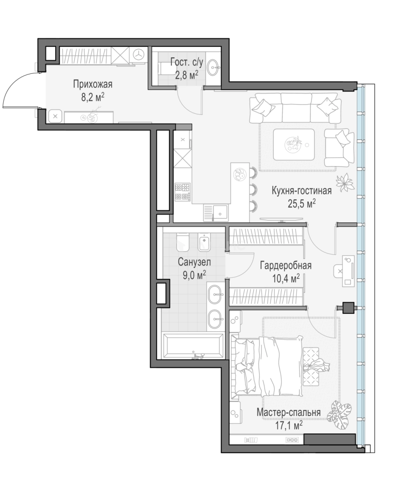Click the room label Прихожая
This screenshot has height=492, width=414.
point(92,84)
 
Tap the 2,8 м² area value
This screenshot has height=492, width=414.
point(187,75)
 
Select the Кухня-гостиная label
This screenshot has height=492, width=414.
point(302,190)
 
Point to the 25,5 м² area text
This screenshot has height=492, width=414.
point(302,204)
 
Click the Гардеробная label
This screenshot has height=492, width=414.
point(286,266)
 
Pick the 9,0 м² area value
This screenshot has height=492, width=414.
point(194,275)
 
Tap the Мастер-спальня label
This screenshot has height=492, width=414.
point(289,412)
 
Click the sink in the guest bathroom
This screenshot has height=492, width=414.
point(215,67)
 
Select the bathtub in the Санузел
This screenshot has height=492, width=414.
point(193,345)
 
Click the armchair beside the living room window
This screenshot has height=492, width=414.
point(340,148)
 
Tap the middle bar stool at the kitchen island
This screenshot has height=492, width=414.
point(253,189)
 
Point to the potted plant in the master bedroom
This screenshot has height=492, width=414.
point(339,411)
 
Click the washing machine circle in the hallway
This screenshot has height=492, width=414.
point(138,54)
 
